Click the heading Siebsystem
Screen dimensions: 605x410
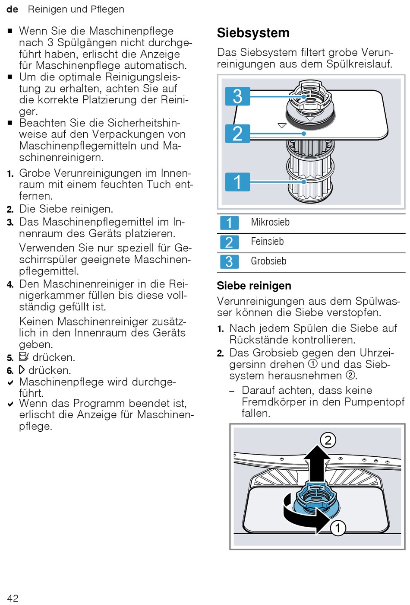253,33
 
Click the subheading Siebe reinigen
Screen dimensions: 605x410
254,286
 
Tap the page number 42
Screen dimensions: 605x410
13,598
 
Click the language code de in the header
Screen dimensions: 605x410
12,9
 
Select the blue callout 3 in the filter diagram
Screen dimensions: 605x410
237,96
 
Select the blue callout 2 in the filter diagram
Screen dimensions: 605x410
237,134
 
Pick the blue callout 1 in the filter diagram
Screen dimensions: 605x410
237,182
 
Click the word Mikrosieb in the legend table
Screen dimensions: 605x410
270,222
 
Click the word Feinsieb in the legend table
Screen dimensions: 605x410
267,242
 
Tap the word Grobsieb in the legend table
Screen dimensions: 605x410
268,261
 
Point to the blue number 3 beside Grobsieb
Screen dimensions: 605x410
229,261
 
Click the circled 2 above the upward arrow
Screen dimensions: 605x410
328,440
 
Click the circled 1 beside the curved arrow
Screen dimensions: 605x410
338,528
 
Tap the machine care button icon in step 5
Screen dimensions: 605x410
24,357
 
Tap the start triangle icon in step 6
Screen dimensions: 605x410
22,370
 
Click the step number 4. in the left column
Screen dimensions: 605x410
10,284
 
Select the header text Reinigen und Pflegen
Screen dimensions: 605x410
76,9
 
